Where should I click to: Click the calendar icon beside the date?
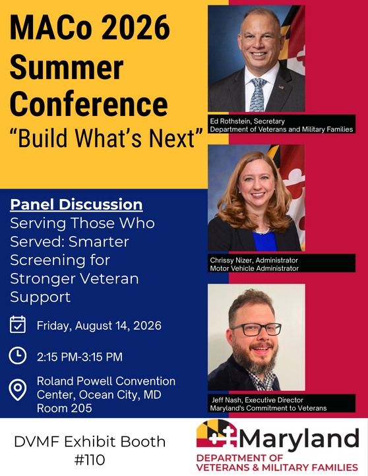click(18, 324)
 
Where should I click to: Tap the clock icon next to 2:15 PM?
click(18, 355)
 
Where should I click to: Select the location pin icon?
click(18, 390)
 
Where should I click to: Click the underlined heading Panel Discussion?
click(77, 204)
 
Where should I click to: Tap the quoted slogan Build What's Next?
click(106, 138)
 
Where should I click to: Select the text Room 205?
click(65, 408)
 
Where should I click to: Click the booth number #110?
click(90, 460)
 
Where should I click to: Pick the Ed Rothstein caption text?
click(282, 125)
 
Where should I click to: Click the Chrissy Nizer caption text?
click(254, 264)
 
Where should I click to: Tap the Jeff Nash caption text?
click(268, 404)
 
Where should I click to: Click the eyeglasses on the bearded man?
click(256, 330)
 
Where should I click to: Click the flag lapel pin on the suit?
click(282, 87)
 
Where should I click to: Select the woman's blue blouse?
click(264, 242)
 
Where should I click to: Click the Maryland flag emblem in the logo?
click(216, 433)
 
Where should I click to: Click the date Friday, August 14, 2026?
click(99, 326)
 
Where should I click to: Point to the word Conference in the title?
click(88, 104)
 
